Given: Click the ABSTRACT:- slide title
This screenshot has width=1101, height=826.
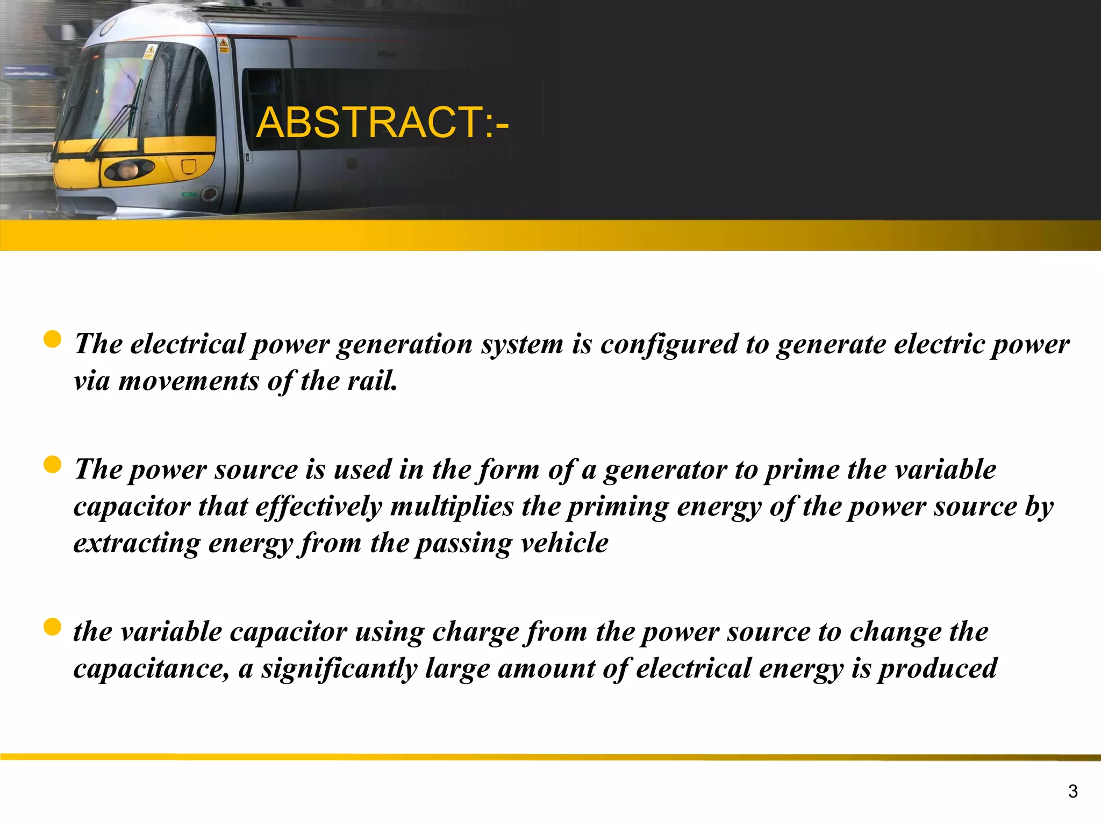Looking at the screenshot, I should [x=382, y=123].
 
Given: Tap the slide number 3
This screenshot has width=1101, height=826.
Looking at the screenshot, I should [x=1073, y=791].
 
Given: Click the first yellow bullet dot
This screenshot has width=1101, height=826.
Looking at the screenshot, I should [x=52, y=339].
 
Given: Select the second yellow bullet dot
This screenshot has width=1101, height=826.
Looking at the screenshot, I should [x=52, y=465].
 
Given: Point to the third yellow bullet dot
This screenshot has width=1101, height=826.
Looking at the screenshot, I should [x=52, y=627].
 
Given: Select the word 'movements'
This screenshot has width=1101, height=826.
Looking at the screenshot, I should [x=189, y=381].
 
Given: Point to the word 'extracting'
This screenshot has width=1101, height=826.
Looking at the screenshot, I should [x=137, y=543].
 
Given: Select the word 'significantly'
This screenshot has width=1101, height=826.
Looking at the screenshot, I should [x=339, y=669].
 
